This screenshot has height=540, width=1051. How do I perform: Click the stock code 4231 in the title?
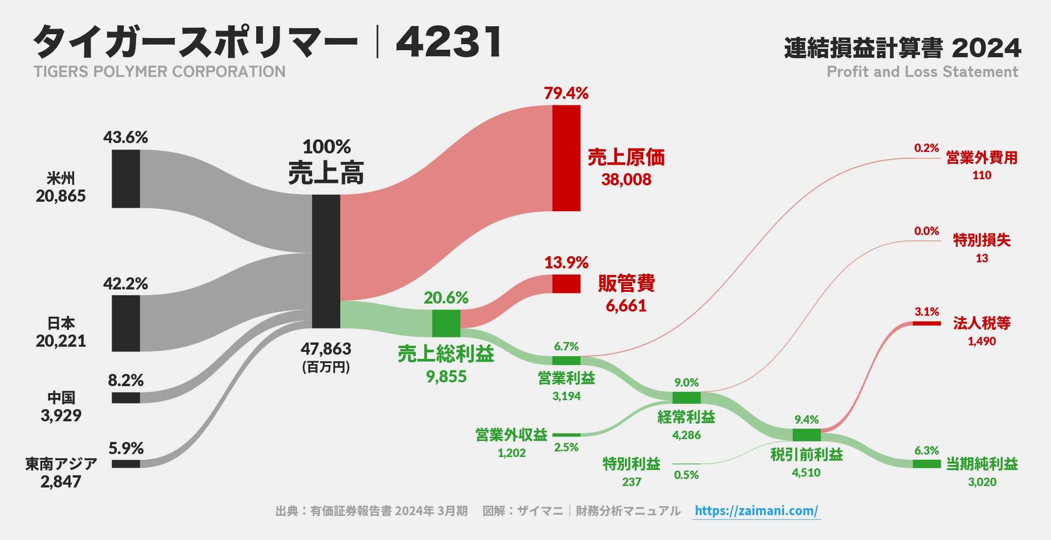449,42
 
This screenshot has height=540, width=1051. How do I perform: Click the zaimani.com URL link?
756,510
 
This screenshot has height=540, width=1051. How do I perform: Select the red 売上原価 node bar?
566,158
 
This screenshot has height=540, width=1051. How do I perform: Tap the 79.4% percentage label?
566,93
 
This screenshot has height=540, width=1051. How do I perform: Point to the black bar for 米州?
126,179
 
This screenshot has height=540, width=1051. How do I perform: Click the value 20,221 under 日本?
61,341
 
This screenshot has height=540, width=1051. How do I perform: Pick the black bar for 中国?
126,398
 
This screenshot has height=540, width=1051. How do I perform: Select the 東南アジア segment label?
61,464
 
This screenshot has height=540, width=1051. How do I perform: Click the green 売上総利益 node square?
446,323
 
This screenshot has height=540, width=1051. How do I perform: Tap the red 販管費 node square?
566,284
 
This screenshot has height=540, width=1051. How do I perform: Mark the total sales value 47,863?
326,349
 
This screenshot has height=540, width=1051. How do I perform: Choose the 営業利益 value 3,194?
566,396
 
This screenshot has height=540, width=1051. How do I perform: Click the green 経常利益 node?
686,398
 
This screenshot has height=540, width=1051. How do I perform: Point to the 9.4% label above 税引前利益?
807,419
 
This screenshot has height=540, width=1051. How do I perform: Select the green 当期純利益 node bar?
927,464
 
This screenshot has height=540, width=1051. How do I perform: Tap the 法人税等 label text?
982,323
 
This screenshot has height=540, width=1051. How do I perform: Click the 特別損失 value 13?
982,259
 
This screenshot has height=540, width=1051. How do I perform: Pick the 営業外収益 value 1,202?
511,453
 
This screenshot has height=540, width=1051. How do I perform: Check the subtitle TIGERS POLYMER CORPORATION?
160,72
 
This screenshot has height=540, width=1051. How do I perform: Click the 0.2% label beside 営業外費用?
926,148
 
